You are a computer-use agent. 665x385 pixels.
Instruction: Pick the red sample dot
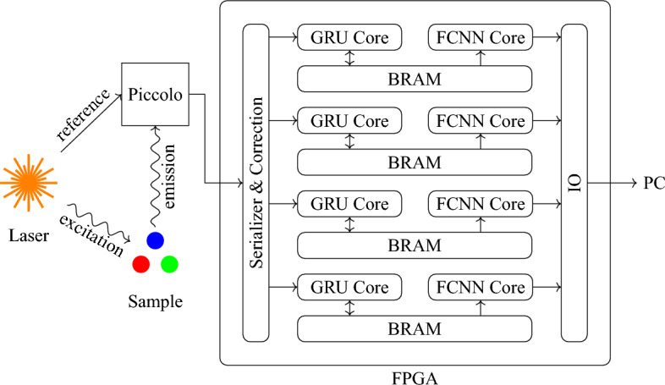[141, 264]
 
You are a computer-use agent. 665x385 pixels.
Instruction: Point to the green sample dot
[169, 264]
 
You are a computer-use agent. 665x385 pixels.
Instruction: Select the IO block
[574, 183]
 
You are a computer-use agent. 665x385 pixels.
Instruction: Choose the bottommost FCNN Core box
[480, 288]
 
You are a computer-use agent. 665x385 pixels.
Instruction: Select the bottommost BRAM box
[414, 328]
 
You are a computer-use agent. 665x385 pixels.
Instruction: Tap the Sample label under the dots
[156, 301]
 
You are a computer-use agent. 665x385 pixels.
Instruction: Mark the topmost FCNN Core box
[480, 38]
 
